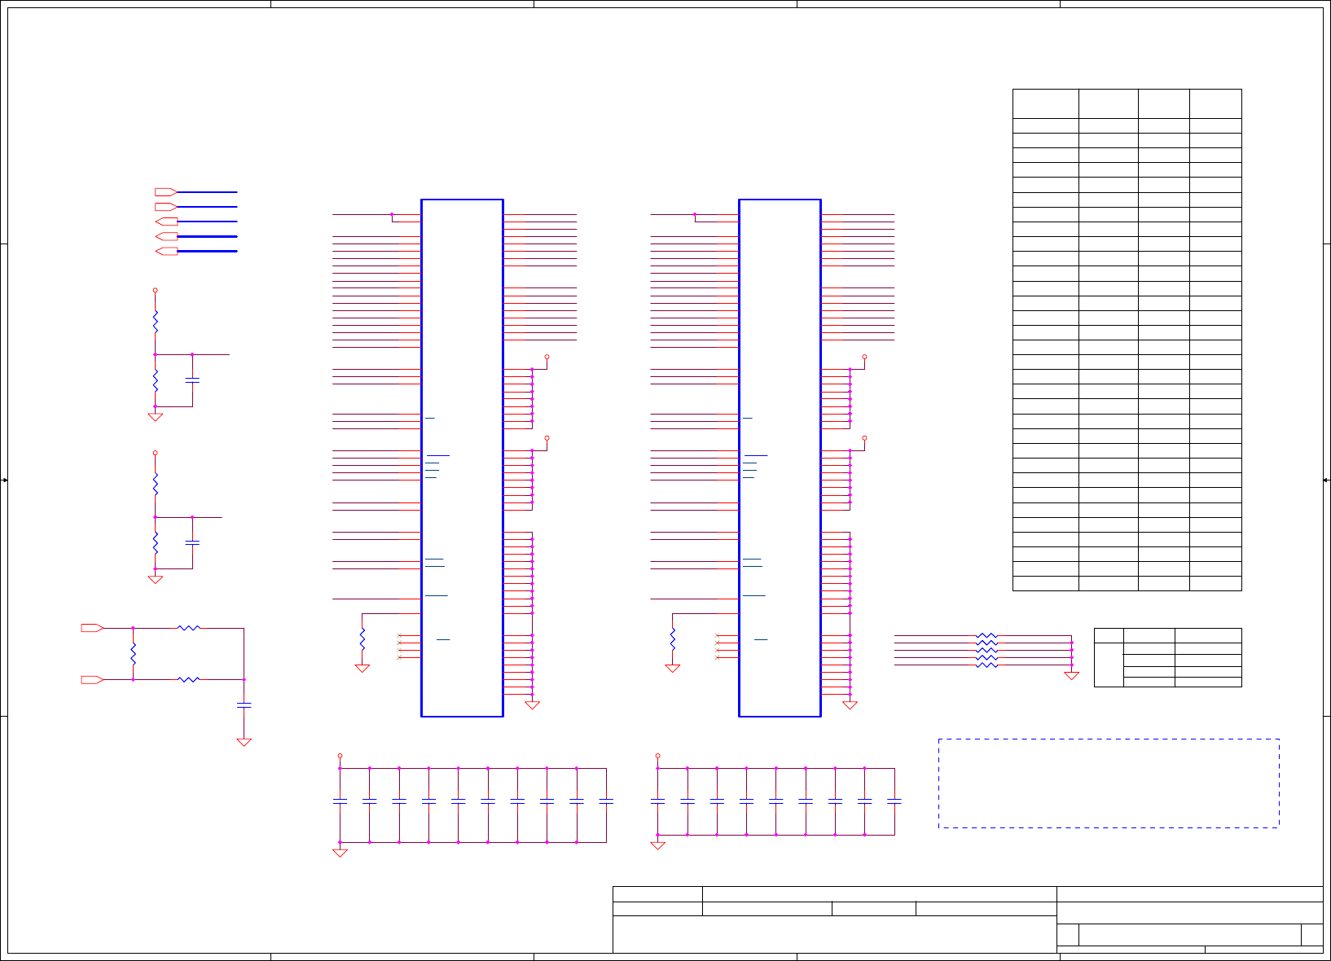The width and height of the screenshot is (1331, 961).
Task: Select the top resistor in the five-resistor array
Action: (986, 635)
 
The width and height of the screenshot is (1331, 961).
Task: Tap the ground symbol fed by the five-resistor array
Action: (1071, 675)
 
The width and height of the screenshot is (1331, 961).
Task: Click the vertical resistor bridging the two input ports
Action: (133, 654)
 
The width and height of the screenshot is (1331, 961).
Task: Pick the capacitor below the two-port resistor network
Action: (244, 705)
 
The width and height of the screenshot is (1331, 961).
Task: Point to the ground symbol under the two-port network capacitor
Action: (244, 742)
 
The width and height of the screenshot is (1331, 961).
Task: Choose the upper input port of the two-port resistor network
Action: (92, 628)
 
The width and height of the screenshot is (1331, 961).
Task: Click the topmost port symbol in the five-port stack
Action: (166, 192)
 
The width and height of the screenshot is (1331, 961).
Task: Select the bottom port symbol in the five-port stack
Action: (166, 251)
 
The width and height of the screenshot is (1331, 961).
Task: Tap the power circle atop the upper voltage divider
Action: (155, 290)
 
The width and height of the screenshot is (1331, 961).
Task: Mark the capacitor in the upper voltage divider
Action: (192, 380)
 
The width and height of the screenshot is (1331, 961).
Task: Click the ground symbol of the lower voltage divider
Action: (155, 579)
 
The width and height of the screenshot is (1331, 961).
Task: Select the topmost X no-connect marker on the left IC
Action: (399, 635)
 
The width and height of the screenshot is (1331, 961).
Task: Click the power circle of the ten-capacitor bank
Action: (340, 756)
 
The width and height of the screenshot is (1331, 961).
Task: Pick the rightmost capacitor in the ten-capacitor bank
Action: (606, 802)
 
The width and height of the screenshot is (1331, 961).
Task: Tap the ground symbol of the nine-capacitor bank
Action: (657, 845)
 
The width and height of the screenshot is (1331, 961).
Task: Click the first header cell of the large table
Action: (1045, 104)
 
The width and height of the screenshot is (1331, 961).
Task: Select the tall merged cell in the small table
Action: (1108, 665)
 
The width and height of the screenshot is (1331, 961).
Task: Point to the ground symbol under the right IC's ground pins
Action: (850, 705)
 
